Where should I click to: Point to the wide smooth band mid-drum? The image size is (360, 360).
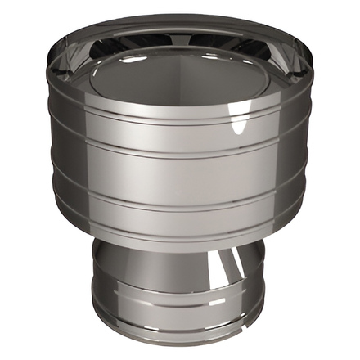180,172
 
